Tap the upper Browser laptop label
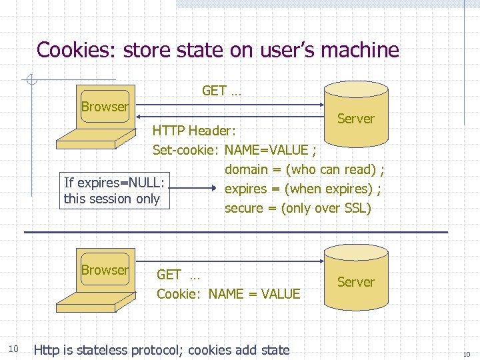click(x=105, y=107)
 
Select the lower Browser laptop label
click(x=105, y=270)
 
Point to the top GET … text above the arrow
click(x=221, y=91)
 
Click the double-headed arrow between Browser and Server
click(x=230, y=104)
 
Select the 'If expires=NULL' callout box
click(x=113, y=190)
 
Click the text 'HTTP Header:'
click(x=193, y=131)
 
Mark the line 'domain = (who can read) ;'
click(x=305, y=169)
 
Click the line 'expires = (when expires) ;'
click(x=303, y=189)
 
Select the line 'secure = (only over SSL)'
click(x=297, y=208)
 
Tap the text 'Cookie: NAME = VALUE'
click(x=228, y=293)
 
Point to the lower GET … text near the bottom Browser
click(x=178, y=274)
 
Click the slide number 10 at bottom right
click(x=466, y=353)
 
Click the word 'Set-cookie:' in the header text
click(x=187, y=150)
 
